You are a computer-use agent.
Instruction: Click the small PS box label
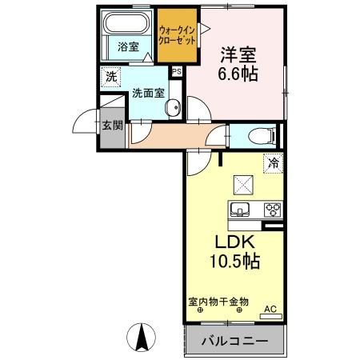tap(176, 71)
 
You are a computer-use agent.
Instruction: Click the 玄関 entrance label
tap(112, 126)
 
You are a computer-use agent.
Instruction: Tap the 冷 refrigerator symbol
tap(274, 162)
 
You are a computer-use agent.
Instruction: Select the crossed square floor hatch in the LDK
tap(241, 185)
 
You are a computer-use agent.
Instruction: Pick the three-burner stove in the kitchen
tap(273, 210)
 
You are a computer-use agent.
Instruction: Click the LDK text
tap(233, 242)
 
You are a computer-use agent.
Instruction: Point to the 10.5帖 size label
tap(233, 261)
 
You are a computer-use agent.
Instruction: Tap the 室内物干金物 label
tap(218, 302)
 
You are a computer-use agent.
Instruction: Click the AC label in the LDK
tap(270, 309)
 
